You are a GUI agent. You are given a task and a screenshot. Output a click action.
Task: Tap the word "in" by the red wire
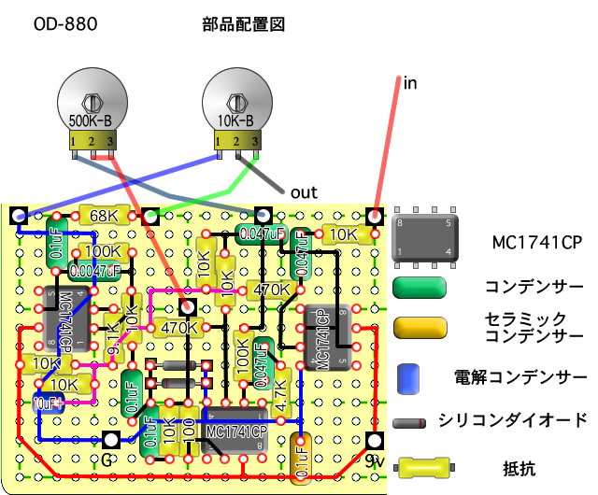[x=410, y=83]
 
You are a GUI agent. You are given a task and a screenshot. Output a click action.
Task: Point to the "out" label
[x=304, y=192]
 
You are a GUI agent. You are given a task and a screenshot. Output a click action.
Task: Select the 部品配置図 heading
[x=243, y=25]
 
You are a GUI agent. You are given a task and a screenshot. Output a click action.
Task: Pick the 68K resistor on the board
[x=104, y=216]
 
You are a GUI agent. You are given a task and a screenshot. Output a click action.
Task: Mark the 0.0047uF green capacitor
[x=94, y=272]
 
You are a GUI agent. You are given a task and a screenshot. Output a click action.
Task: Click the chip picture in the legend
[x=425, y=239]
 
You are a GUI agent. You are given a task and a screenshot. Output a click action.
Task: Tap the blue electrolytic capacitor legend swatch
[x=406, y=377]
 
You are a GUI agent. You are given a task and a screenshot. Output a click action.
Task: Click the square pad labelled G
[x=110, y=440]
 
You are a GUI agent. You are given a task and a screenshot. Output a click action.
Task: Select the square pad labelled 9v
[x=373, y=440]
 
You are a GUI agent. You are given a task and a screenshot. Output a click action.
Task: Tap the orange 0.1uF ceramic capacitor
[x=301, y=457]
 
